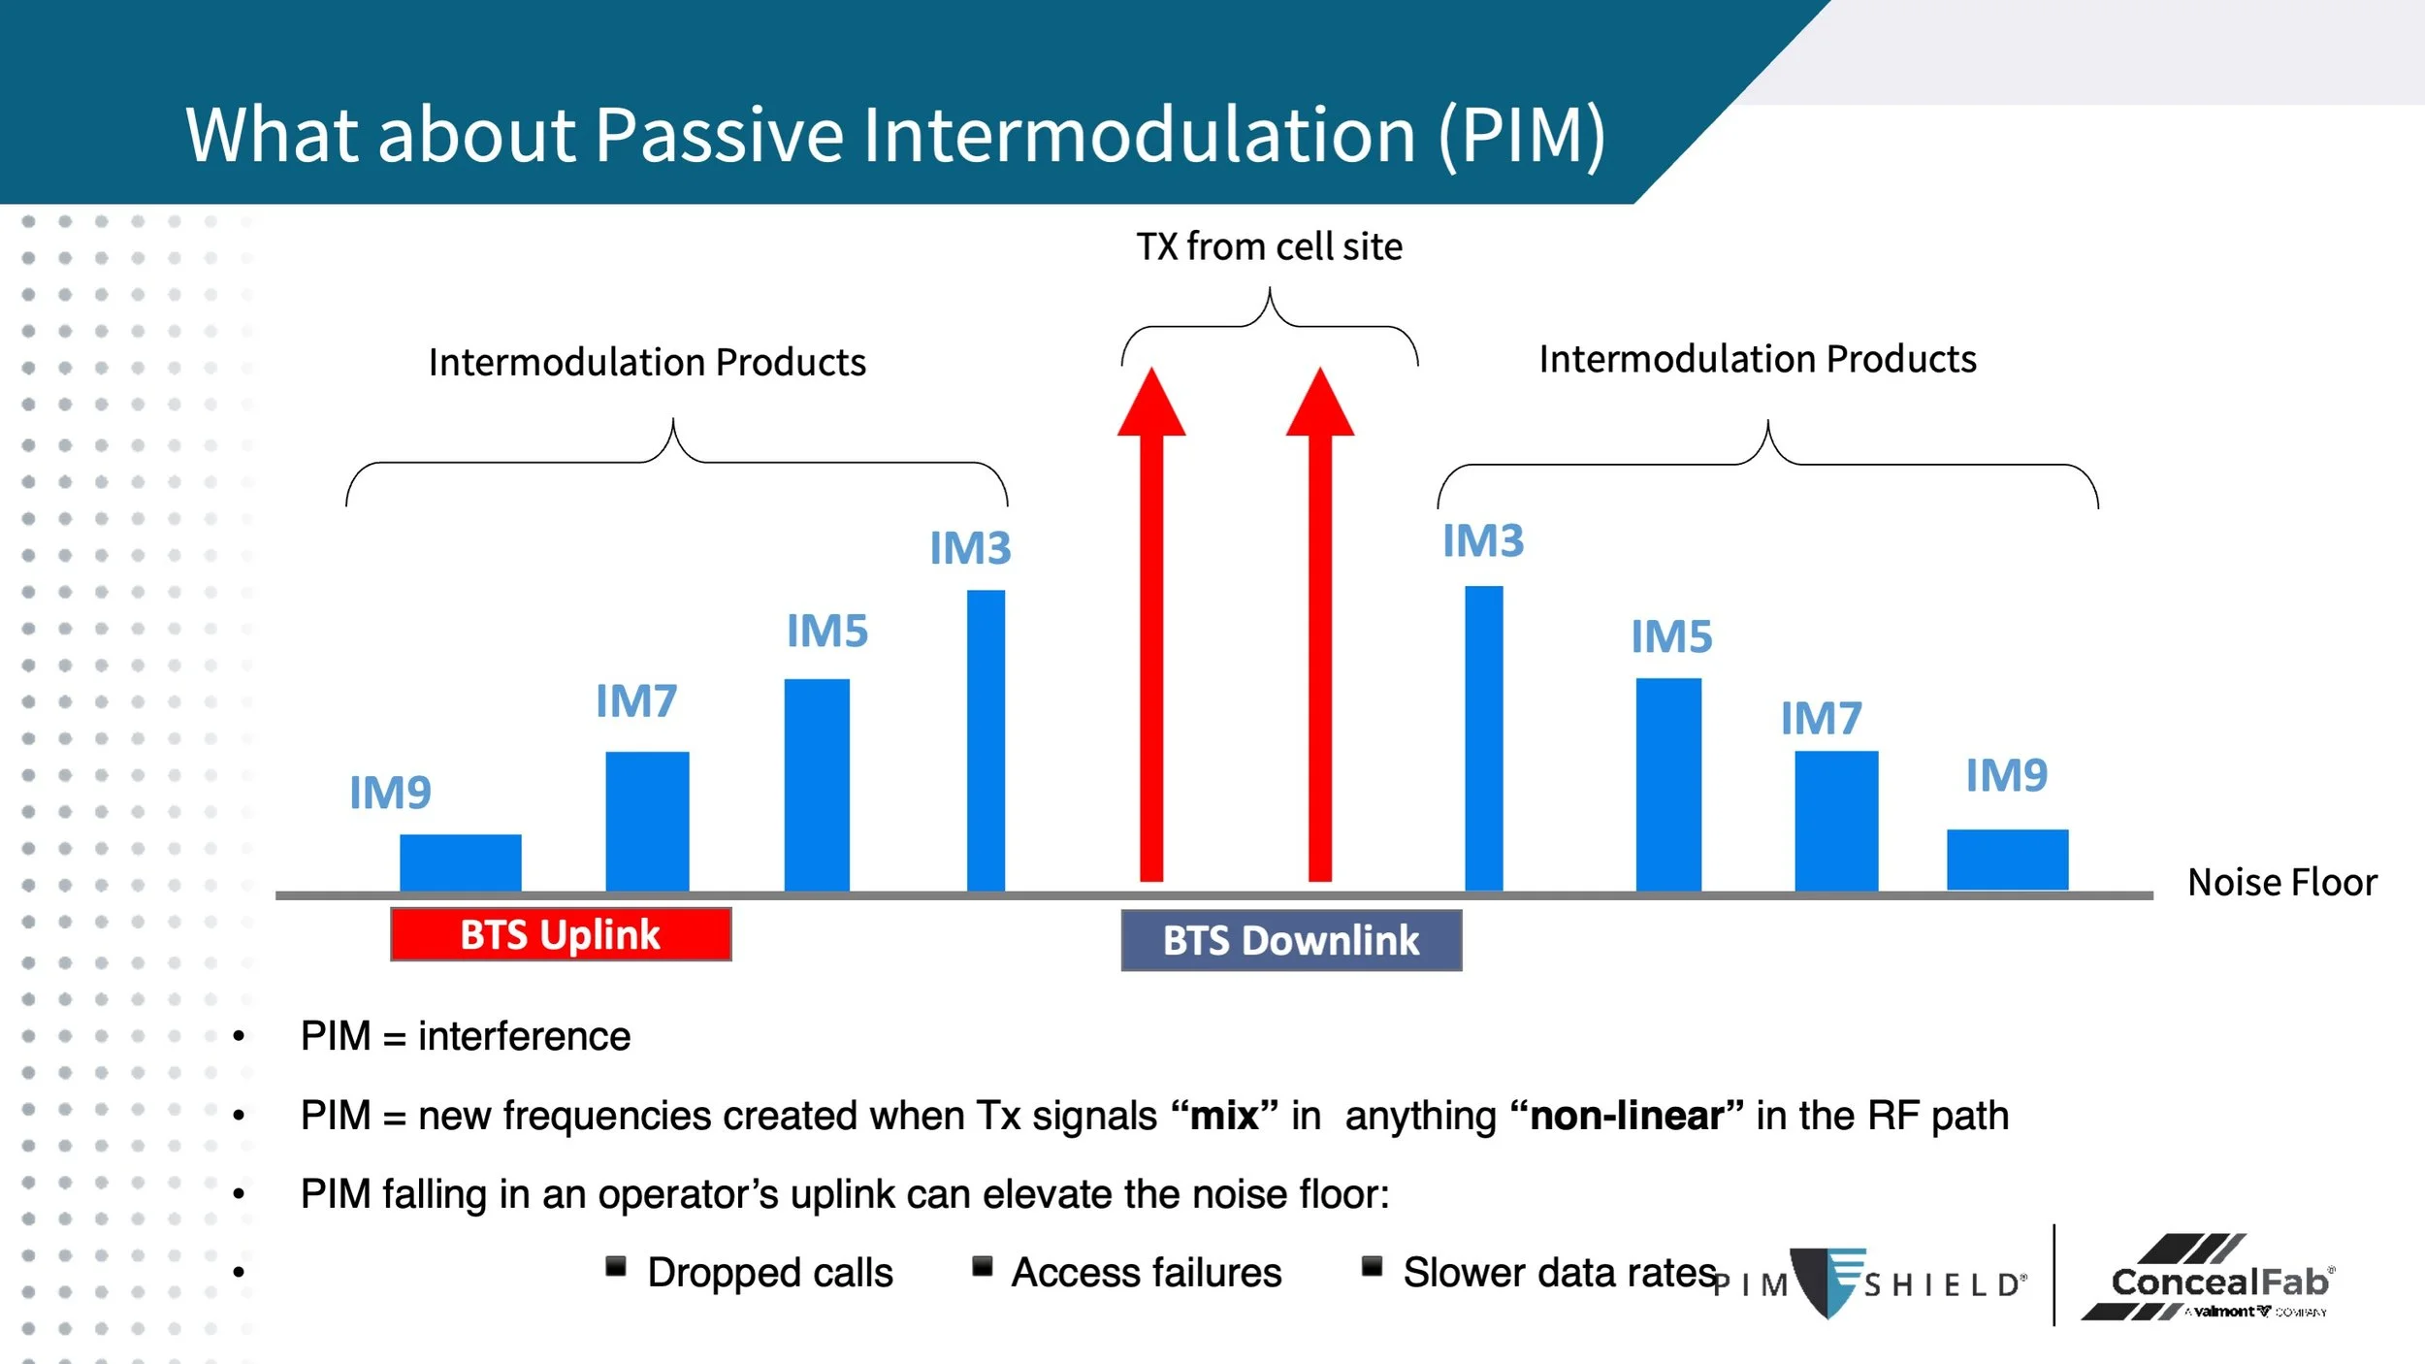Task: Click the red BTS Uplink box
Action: tap(561, 934)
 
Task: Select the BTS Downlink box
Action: tap(1291, 940)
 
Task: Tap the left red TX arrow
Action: tap(1151, 624)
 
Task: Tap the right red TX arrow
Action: tap(1320, 624)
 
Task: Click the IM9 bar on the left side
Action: tap(461, 862)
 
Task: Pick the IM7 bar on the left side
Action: tap(648, 822)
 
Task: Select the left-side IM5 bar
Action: tap(817, 785)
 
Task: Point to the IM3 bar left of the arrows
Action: tap(986, 740)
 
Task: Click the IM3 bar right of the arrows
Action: tap(1484, 738)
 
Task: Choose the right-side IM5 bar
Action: tap(1668, 785)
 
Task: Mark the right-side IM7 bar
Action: tap(1836, 821)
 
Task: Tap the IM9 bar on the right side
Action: tap(2008, 860)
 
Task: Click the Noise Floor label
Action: tap(2282, 883)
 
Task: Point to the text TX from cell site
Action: tap(1270, 246)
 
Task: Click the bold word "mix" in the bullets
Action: tap(1225, 1116)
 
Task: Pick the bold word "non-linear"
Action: tap(1627, 1116)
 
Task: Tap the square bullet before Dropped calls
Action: tap(616, 1266)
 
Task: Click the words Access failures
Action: tap(1147, 1273)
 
